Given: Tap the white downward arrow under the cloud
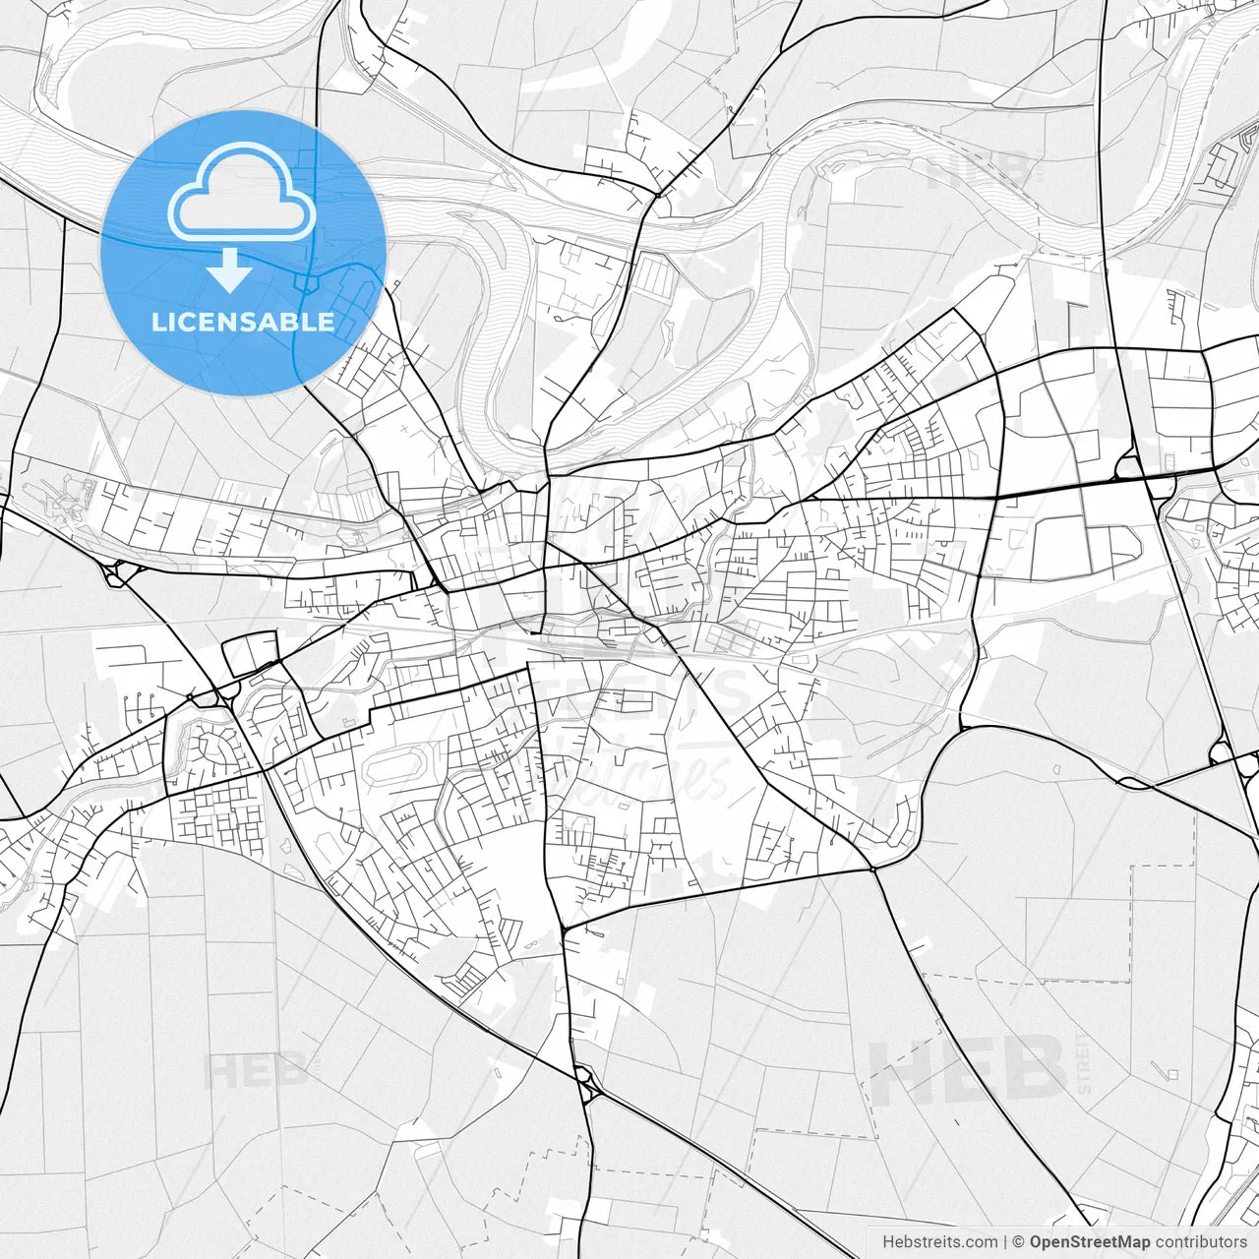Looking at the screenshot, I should (x=230, y=270).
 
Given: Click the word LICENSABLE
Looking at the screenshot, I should (x=242, y=322).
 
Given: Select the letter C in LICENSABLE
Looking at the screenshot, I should (x=184, y=322).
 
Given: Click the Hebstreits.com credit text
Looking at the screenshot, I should (x=939, y=1242).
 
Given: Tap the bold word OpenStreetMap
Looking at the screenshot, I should (x=1090, y=1242).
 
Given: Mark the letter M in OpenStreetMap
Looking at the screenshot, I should (x=1129, y=1242).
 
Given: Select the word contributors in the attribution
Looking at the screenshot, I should (x=1201, y=1242).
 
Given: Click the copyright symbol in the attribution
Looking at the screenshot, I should (x=1018, y=1242).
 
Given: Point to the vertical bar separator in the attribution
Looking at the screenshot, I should (x=1005, y=1242).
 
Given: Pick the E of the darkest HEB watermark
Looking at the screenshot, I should (x=966, y=1071).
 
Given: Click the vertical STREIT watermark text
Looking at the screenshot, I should (x=1084, y=1063).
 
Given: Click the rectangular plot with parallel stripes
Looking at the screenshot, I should (x=653, y=274).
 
